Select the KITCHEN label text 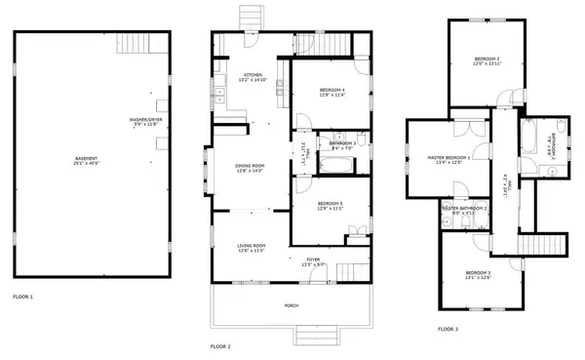pyautogui.click(x=253, y=76)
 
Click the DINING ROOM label pyautogui.click(x=251, y=167)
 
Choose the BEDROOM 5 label pyautogui.click(x=329, y=204)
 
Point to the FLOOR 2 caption pyautogui.click(x=221, y=346)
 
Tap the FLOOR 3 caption pyautogui.click(x=448, y=329)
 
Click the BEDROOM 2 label pyautogui.click(x=485, y=60)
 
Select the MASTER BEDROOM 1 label pyautogui.click(x=448, y=158)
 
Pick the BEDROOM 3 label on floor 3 pyautogui.click(x=478, y=273)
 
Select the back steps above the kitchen pyautogui.click(x=252, y=19)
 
